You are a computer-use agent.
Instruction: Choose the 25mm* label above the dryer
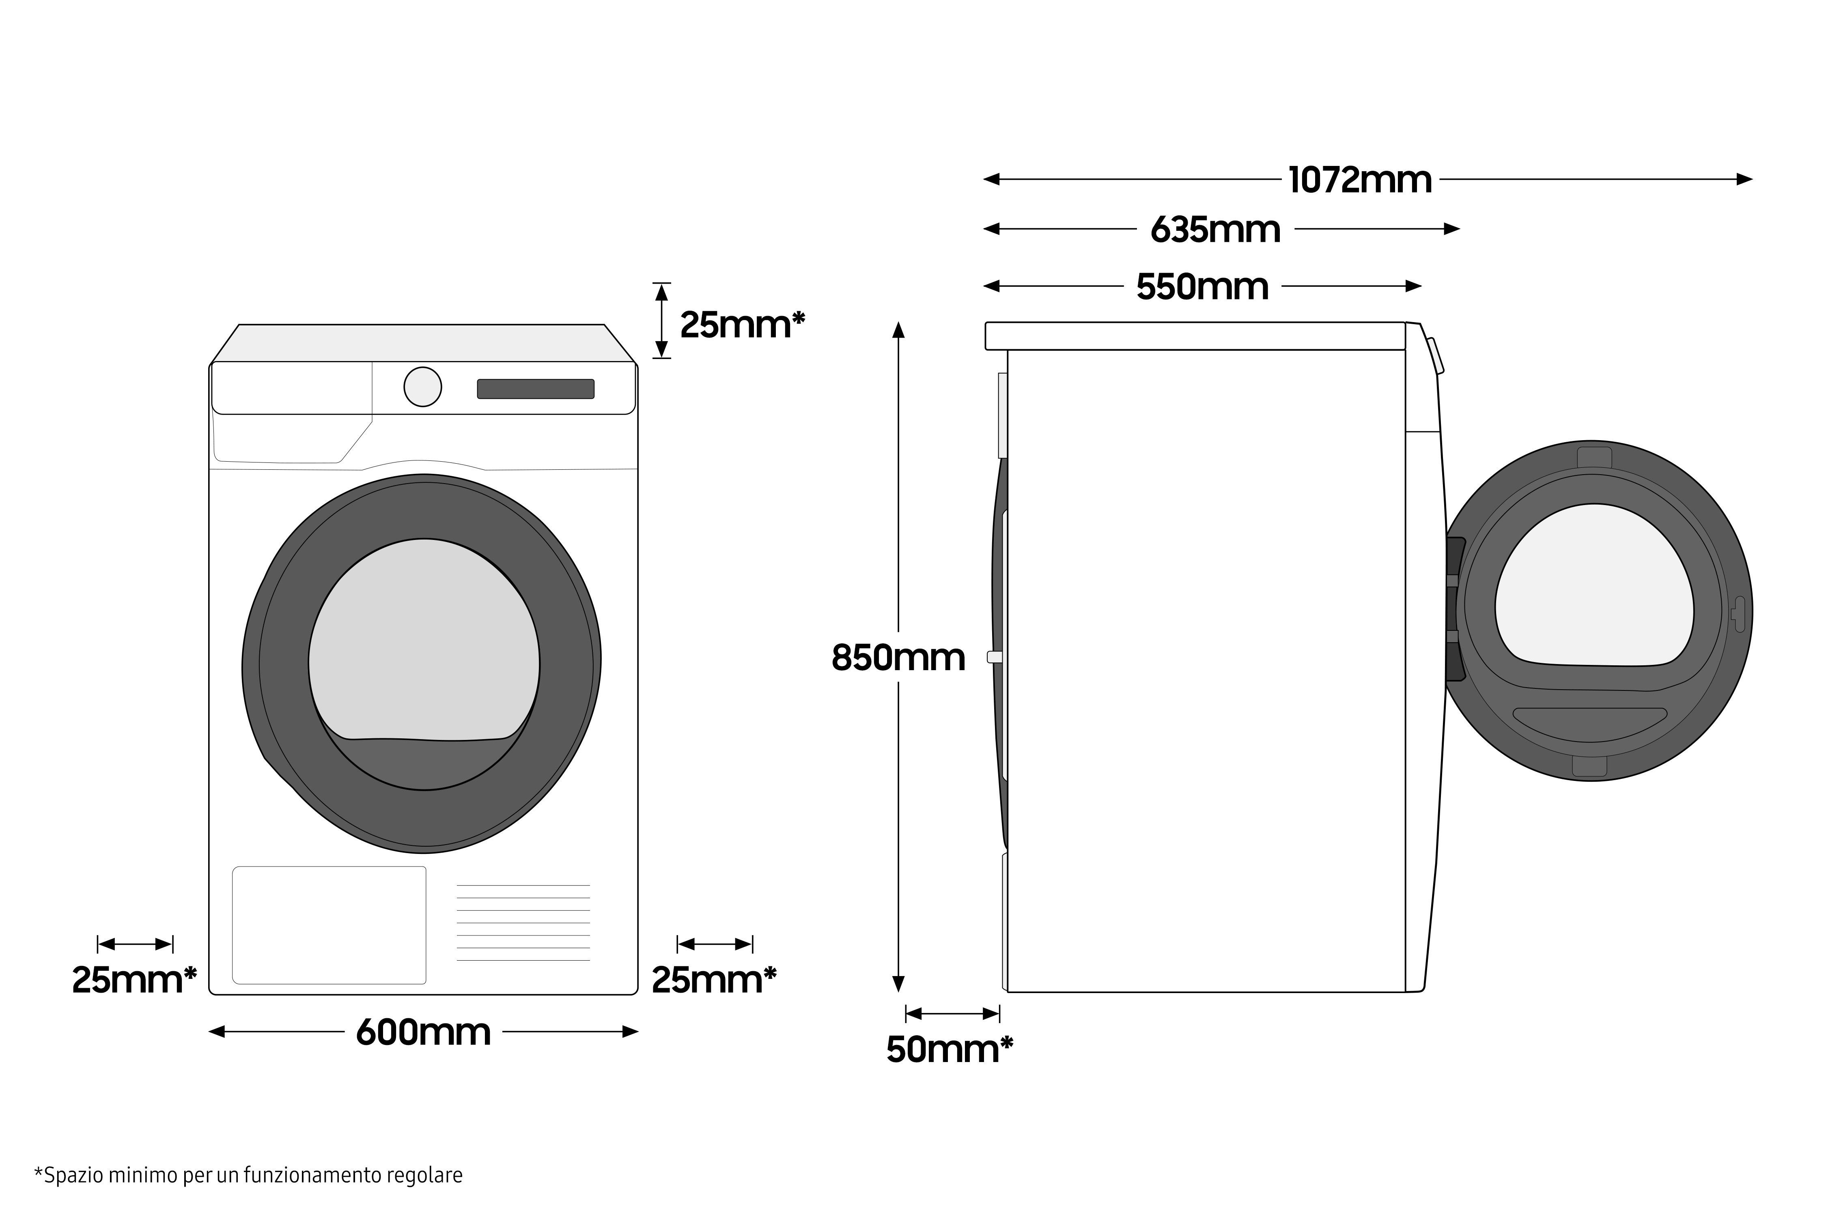pos(741,325)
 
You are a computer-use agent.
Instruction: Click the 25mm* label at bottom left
pos(134,980)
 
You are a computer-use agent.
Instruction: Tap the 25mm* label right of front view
pos(713,980)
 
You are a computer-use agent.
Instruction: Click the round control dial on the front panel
pos(422,387)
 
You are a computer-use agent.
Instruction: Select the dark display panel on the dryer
pos(535,389)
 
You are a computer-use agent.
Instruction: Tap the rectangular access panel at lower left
pos(329,925)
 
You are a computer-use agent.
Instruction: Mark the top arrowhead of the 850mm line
pos(898,331)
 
